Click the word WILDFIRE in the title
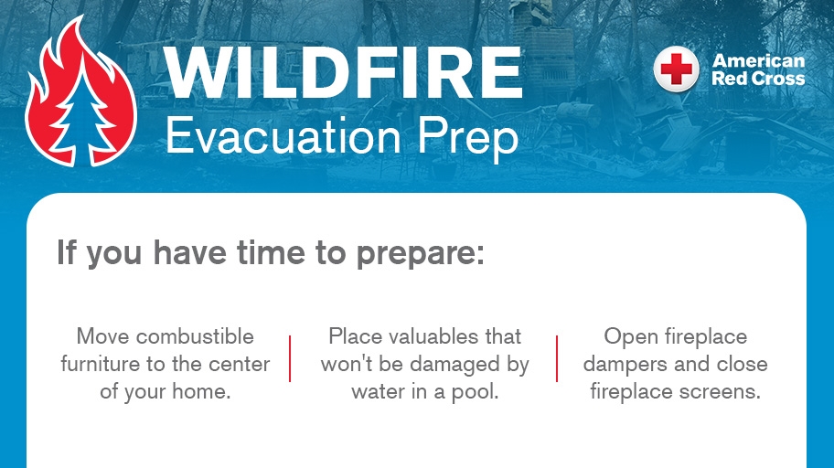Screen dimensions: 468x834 (x=343, y=72)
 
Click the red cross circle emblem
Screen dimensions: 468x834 (x=676, y=70)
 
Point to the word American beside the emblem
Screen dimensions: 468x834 (x=759, y=61)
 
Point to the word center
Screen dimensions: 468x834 (x=240, y=365)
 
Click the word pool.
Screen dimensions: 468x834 (x=476, y=393)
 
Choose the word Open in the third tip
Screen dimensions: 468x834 (x=630, y=336)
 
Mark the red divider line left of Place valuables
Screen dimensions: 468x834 (x=290, y=358)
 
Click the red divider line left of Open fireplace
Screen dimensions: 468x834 (x=557, y=358)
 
